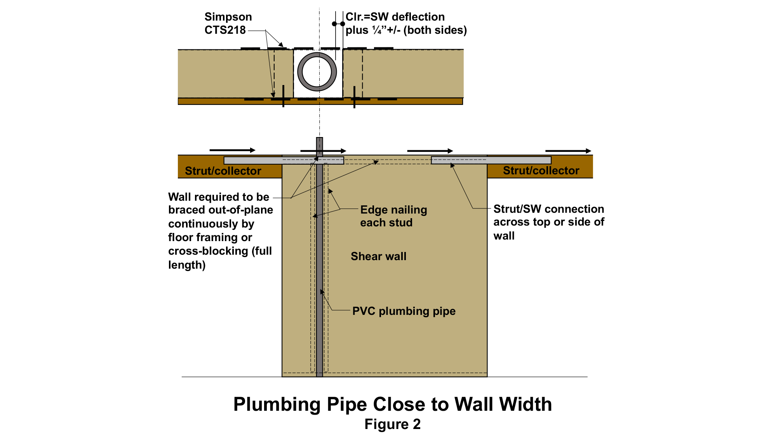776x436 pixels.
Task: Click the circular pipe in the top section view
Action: [317, 72]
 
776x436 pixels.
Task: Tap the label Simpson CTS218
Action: [228, 23]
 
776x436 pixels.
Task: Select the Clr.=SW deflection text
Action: [395, 17]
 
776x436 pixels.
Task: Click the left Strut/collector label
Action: [223, 171]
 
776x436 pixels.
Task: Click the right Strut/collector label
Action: [541, 170]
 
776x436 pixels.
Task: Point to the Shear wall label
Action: [378, 256]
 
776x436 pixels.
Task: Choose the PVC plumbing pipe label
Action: [404, 311]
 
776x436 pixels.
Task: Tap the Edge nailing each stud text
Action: [393, 216]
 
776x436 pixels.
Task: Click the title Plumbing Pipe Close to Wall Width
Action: [392, 404]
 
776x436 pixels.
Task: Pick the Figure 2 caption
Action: [392, 424]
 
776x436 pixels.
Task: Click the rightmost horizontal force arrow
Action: [568, 151]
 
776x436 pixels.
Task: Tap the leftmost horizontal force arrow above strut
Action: [232, 150]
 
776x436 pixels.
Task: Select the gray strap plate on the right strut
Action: [491, 160]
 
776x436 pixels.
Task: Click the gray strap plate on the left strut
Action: [284, 160]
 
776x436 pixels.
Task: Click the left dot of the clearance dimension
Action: [334, 24]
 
